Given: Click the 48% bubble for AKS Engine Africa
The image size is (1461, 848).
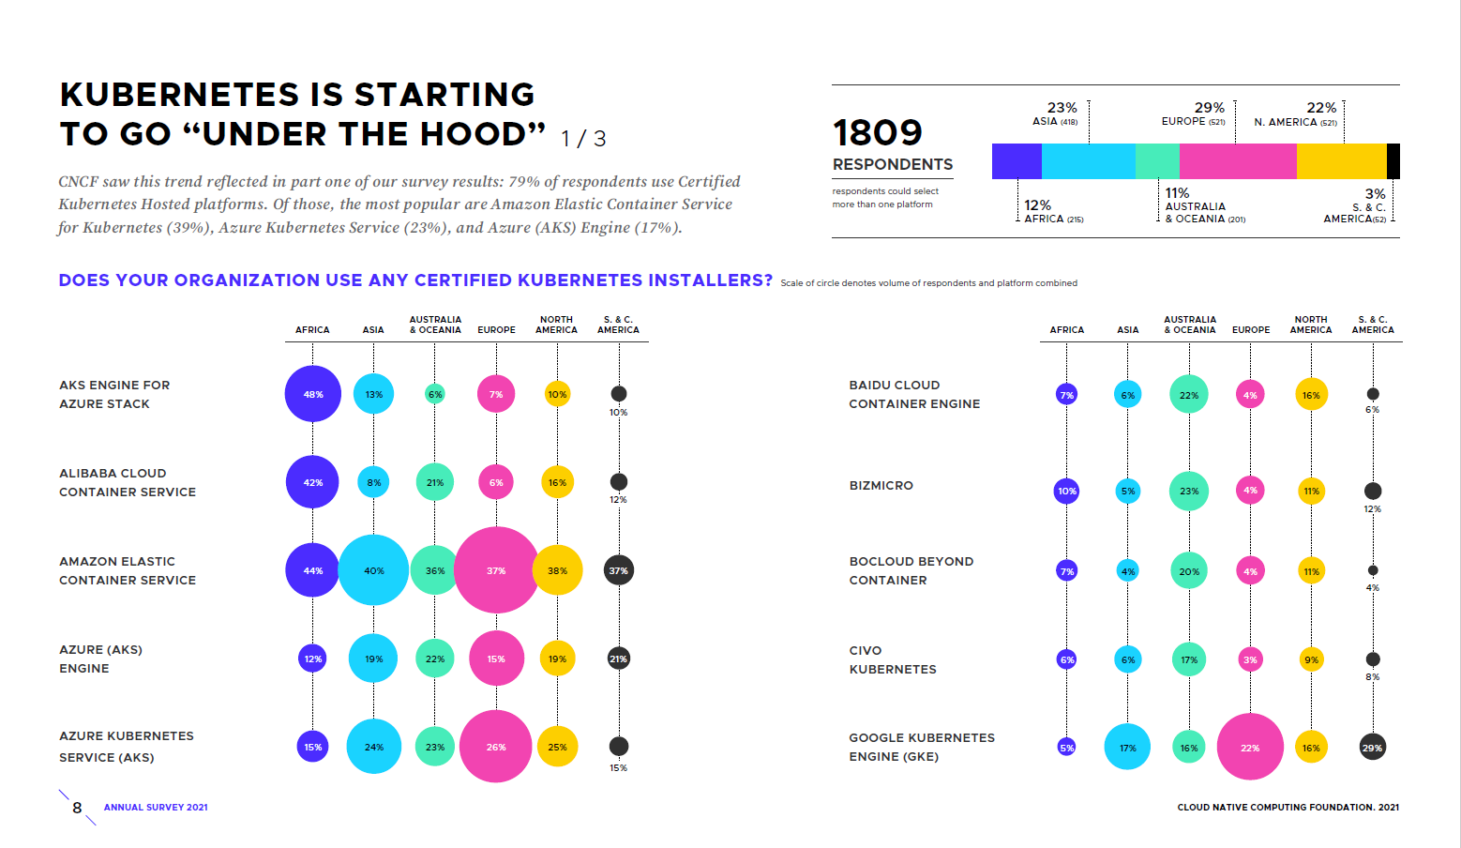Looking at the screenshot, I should pyautogui.click(x=313, y=394).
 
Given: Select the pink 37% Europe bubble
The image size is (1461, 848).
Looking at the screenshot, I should pyautogui.click(x=496, y=570).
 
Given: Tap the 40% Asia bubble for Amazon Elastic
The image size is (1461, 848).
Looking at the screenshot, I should pyautogui.click(x=373, y=570).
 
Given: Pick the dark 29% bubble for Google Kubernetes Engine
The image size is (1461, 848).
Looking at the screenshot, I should pyautogui.click(x=1372, y=748).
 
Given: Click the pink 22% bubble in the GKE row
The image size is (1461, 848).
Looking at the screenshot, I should pyautogui.click(x=1250, y=748).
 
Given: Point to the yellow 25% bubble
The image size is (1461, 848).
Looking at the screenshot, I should pyautogui.click(x=557, y=748).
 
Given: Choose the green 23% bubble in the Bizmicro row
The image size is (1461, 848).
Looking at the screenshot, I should pyautogui.click(x=1189, y=491).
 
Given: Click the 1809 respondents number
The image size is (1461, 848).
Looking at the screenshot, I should pyautogui.click(x=878, y=133).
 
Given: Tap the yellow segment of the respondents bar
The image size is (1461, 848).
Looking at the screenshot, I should pyautogui.click(x=1341, y=161).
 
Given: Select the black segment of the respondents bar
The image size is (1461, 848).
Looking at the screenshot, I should pyautogui.click(x=1393, y=161).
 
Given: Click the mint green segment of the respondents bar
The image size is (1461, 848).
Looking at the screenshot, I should pyautogui.click(x=1157, y=161).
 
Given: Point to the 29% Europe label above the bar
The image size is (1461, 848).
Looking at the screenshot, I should pyautogui.click(x=1209, y=108).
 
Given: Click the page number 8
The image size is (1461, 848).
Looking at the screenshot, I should pyautogui.click(x=77, y=808).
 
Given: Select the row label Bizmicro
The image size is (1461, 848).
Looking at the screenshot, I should pyautogui.click(x=881, y=486).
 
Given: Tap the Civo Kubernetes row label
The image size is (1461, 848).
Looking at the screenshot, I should pyautogui.click(x=892, y=659).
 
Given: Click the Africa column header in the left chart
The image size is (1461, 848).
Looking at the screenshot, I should pyautogui.click(x=312, y=330).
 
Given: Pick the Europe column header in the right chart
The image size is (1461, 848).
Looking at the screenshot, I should pyautogui.click(x=1251, y=330).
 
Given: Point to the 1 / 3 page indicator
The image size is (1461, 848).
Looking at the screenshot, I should pyautogui.click(x=583, y=139).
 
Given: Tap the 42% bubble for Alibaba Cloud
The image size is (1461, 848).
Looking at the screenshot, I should pyautogui.click(x=312, y=482).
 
